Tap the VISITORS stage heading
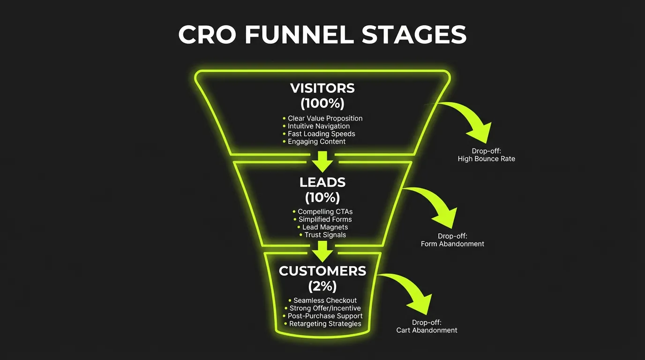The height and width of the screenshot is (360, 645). click(x=322, y=88)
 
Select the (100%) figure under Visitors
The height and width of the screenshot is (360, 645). click(x=322, y=102)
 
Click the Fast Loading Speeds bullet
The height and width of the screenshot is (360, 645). click(x=321, y=134)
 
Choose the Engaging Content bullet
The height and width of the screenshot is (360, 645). click(x=316, y=142)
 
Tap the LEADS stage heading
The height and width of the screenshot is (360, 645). click(x=322, y=182)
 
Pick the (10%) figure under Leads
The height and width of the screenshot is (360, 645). click(x=322, y=197)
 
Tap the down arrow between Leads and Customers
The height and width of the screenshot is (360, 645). click(x=322, y=251)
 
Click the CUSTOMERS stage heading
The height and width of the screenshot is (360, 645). click(x=322, y=271)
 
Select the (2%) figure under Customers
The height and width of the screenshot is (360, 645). click(x=322, y=285)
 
